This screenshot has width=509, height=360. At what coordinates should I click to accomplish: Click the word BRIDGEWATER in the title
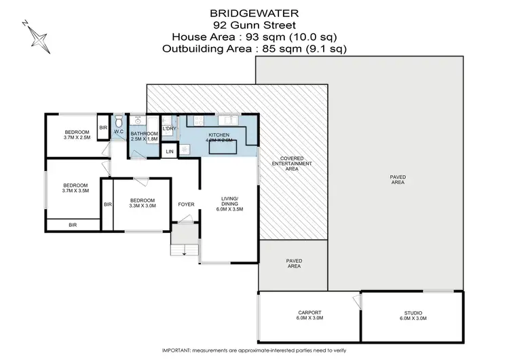point(254,13)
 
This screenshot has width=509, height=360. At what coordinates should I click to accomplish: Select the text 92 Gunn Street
point(254,24)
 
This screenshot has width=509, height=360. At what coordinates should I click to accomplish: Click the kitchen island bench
point(225,148)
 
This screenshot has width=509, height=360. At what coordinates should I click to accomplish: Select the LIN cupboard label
point(170,151)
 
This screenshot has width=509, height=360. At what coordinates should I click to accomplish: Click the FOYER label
point(186,204)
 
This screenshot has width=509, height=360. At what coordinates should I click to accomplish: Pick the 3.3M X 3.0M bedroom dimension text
point(143,206)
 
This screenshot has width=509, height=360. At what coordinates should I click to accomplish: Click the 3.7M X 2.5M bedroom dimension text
point(77,138)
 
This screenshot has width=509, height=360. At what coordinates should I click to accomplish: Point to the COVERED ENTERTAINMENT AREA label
point(291,164)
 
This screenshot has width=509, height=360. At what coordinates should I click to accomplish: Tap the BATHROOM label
point(144,134)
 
